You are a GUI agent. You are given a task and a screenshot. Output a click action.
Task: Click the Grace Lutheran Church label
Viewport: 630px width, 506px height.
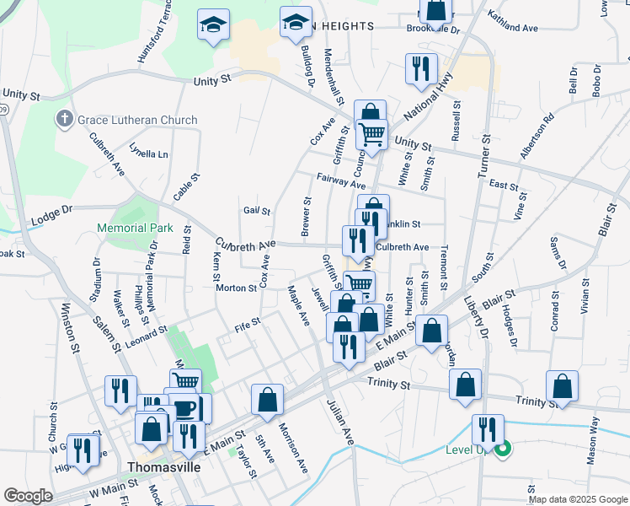[137, 120]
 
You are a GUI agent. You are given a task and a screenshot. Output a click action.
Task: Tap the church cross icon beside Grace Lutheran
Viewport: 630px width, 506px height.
[65, 119]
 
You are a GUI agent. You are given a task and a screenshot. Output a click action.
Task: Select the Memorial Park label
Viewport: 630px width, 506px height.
[135, 228]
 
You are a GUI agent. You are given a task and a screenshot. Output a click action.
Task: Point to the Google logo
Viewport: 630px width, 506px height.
[28, 496]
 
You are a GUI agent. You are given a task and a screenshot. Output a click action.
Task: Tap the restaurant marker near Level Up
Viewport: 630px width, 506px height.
[488, 428]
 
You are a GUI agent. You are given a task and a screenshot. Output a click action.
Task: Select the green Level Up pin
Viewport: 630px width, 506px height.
[503, 449]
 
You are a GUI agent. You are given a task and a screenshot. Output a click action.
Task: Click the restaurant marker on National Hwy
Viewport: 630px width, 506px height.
[421, 68]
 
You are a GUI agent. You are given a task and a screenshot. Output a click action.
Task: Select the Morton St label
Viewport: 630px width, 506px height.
[236, 288]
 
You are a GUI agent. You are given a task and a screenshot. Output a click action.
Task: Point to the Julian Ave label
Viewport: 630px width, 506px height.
[339, 422]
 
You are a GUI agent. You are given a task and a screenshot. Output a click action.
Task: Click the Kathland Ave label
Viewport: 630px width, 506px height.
[512, 28]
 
